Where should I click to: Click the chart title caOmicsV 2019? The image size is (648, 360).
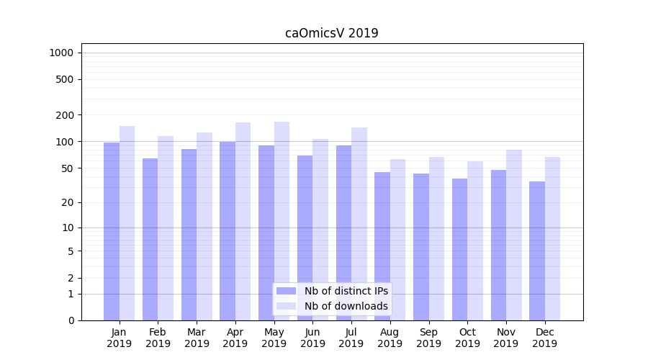pyautogui.click(x=331, y=33)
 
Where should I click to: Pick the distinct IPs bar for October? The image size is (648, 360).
pyautogui.click(x=459, y=249)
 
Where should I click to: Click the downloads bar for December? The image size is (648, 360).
pyautogui.click(x=552, y=238)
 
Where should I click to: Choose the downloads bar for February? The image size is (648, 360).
pyautogui.click(x=166, y=228)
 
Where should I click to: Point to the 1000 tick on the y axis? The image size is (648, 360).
pyautogui.click(x=61, y=53)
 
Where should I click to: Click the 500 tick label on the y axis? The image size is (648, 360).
pyautogui.click(x=65, y=79)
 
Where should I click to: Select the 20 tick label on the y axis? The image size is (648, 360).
pyautogui.click(x=68, y=202)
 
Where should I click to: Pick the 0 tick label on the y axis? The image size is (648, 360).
pyautogui.click(x=71, y=320)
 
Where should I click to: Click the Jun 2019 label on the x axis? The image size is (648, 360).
pyautogui.click(x=312, y=338)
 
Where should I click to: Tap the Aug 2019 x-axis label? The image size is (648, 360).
pyautogui.click(x=390, y=338)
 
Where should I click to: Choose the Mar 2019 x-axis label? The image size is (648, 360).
pyautogui.click(x=197, y=338)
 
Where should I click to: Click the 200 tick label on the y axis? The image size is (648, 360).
pyautogui.click(x=65, y=115)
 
